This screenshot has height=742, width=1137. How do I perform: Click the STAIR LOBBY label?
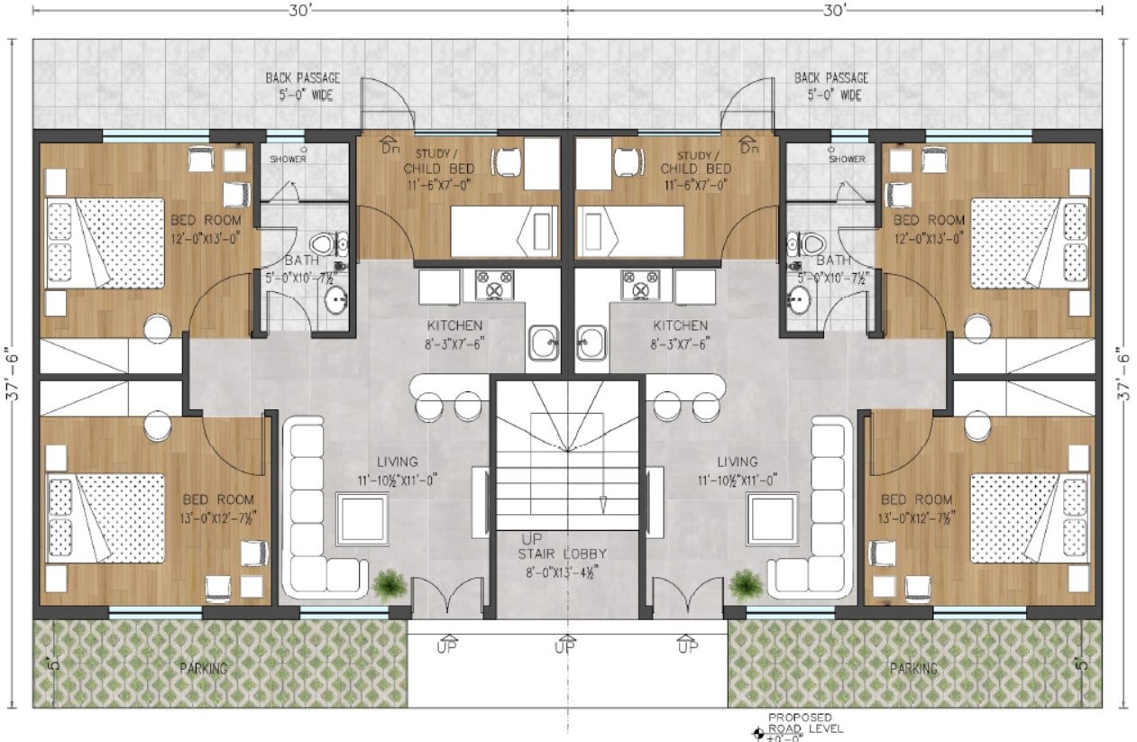click(564, 554)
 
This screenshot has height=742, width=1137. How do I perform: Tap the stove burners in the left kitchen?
click(488, 285)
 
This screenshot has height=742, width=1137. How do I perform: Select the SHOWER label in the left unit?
click(288, 160)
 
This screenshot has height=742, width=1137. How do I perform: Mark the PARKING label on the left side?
click(203, 668)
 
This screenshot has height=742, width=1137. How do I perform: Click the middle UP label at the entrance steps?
click(564, 646)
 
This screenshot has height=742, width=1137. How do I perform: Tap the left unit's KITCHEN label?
click(455, 325)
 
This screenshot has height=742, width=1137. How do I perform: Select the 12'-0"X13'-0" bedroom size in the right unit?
click(929, 238)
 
